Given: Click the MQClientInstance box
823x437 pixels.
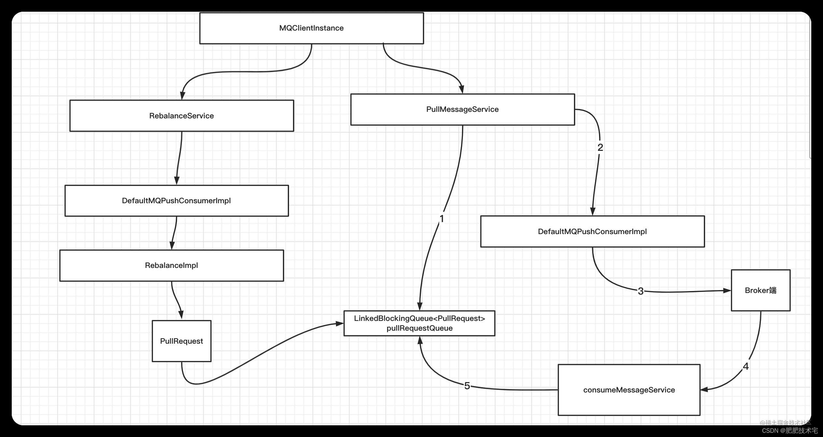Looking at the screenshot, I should point(311,28).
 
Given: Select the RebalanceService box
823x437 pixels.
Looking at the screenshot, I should point(181,116).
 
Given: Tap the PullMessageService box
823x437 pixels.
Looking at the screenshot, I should point(462,109).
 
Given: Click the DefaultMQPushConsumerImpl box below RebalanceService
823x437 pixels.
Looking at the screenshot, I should point(176,201).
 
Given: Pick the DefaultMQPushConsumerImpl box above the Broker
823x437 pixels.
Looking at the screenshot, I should point(592,232).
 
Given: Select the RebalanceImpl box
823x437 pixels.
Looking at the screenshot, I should point(172,265).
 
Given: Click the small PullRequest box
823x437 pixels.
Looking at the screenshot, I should point(181,341).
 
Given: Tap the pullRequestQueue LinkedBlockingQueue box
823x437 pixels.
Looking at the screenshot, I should point(419,323).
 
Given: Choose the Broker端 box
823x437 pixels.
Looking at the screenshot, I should point(760,290).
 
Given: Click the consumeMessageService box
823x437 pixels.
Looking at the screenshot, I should point(629,390).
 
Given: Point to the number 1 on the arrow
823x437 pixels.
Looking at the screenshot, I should point(442,219).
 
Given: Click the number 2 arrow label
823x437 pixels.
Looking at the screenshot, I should point(600,148).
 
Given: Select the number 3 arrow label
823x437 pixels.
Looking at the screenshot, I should point(640,291).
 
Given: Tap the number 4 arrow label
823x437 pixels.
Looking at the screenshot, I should point(746,366).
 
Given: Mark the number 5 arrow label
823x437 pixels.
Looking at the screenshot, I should point(467,386).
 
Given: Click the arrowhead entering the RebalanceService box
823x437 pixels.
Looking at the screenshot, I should point(182,96).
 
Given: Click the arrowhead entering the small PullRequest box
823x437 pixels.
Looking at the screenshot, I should point(181,315).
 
